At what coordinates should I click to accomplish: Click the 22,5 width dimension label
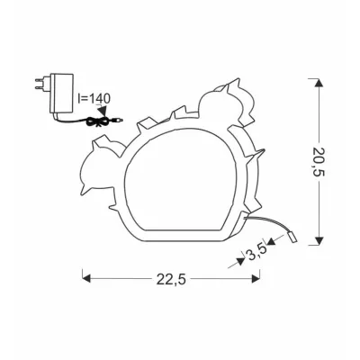pyautogui.click(x=171, y=280)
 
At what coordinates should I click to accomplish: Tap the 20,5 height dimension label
pyautogui.click(x=318, y=162)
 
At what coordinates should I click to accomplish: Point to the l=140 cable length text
pyautogui.click(x=94, y=98)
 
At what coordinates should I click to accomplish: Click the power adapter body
pyautogui.click(x=62, y=93)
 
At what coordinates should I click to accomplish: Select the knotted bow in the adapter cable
pyautogui.click(x=97, y=121)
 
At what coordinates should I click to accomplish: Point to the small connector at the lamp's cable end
pyautogui.click(x=292, y=238)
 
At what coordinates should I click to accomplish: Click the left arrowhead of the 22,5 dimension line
pyautogui.click(x=85, y=279)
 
